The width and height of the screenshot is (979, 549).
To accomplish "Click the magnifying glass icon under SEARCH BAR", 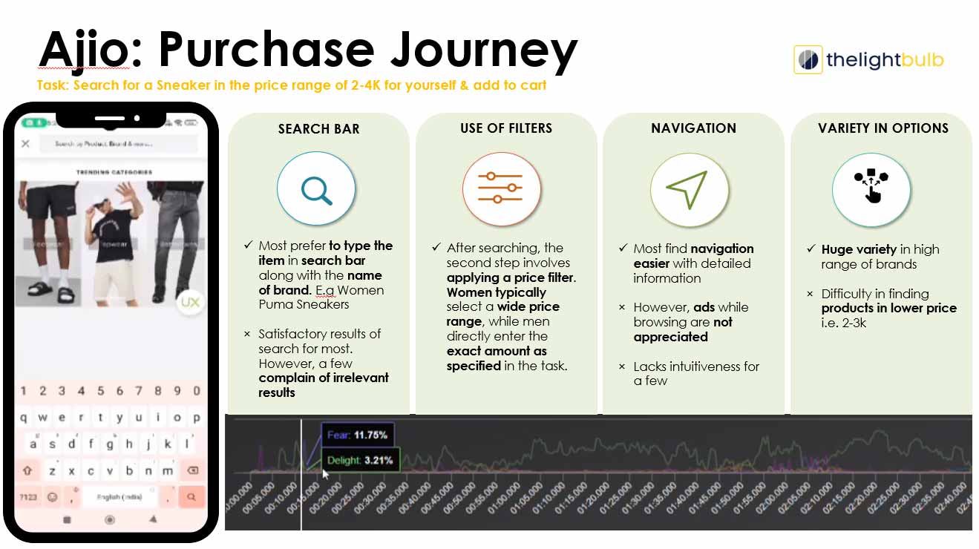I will [316, 190].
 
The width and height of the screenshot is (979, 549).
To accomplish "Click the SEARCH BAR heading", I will [318, 129].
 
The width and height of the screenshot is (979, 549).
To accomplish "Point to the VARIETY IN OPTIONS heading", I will [883, 128].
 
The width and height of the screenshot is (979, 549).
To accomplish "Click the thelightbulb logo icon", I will [808, 59].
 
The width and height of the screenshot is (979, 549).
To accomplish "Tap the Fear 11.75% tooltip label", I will [358, 435].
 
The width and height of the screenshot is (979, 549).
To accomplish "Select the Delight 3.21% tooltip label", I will [359, 461].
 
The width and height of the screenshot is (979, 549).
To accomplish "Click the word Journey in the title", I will [484, 50].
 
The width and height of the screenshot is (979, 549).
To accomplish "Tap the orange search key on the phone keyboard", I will [191, 496].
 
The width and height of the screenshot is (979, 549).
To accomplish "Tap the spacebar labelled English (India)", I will [119, 496].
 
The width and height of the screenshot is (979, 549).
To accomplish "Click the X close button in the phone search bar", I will [25, 144].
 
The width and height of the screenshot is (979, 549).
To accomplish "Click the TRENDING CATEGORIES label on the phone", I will [114, 172].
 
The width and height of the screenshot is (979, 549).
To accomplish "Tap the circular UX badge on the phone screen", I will [190, 302].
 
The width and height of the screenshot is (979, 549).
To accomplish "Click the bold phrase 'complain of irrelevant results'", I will [324, 385].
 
